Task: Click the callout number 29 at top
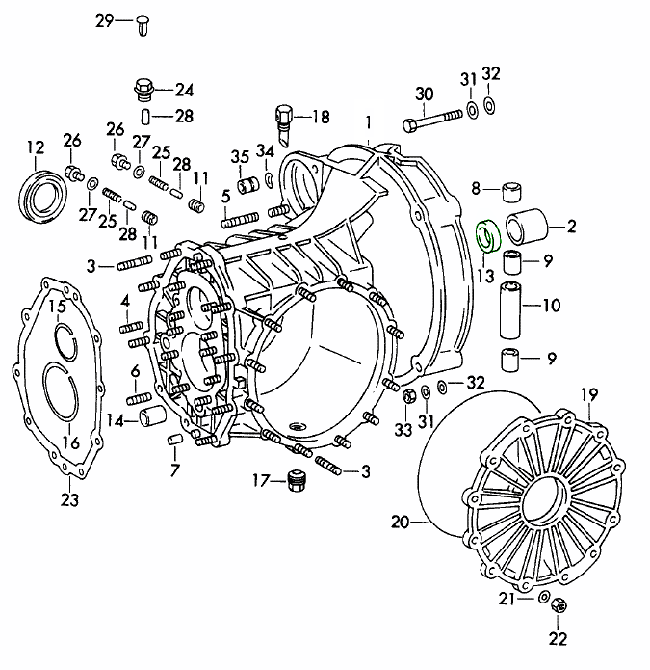tap(104, 20)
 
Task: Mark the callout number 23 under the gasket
tap(69, 499)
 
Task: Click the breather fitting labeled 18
tap(286, 117)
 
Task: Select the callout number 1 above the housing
tap(367, 121)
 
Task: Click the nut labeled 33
tap(407, 395)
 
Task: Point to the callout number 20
tap(401, 523)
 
